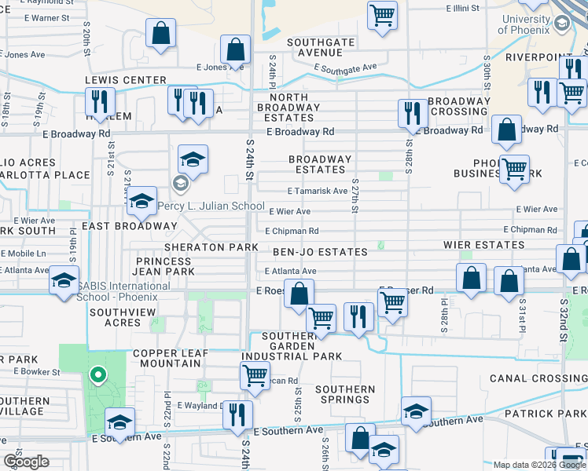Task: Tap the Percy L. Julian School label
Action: point(211,206)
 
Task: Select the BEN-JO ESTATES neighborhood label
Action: point(320,252)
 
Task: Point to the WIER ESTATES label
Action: point(488,245)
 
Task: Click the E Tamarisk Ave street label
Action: point(318,191)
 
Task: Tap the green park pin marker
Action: point(97,377)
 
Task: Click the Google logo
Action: point(26,462)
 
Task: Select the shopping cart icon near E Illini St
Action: point(382,14)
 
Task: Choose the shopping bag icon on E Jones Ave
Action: point(235,49)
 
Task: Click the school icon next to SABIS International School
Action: point(63,281)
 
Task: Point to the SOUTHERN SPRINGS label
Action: point(345,394)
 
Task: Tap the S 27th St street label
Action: point(355,199)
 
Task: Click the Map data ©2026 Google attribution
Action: point(539,465)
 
